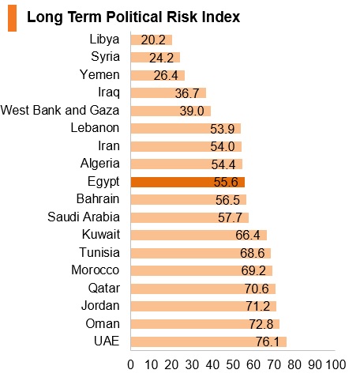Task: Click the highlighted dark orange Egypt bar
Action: pos(188,182)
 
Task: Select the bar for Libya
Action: pos(152,40)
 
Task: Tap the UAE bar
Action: pos(208,341)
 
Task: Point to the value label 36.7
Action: pos(187,93)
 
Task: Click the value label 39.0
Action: pos(192,111)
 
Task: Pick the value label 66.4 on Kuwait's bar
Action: pos(248,236)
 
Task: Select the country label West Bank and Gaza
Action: pos(60,110)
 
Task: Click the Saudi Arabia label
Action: pos(84,217)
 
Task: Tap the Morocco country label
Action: pos(96,270)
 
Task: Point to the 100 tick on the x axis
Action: pos(336,365)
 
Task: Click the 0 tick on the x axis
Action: pos(130,365)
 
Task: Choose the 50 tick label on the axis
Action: pos(233,365)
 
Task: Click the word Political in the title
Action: pos(134,17)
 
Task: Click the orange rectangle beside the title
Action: pos(12,18)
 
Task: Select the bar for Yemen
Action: pos(158,76)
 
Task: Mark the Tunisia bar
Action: pos(201,253)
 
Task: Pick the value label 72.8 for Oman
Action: pos(261,324)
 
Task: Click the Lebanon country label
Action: pos(95,128)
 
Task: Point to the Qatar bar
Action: pos(203,289)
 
